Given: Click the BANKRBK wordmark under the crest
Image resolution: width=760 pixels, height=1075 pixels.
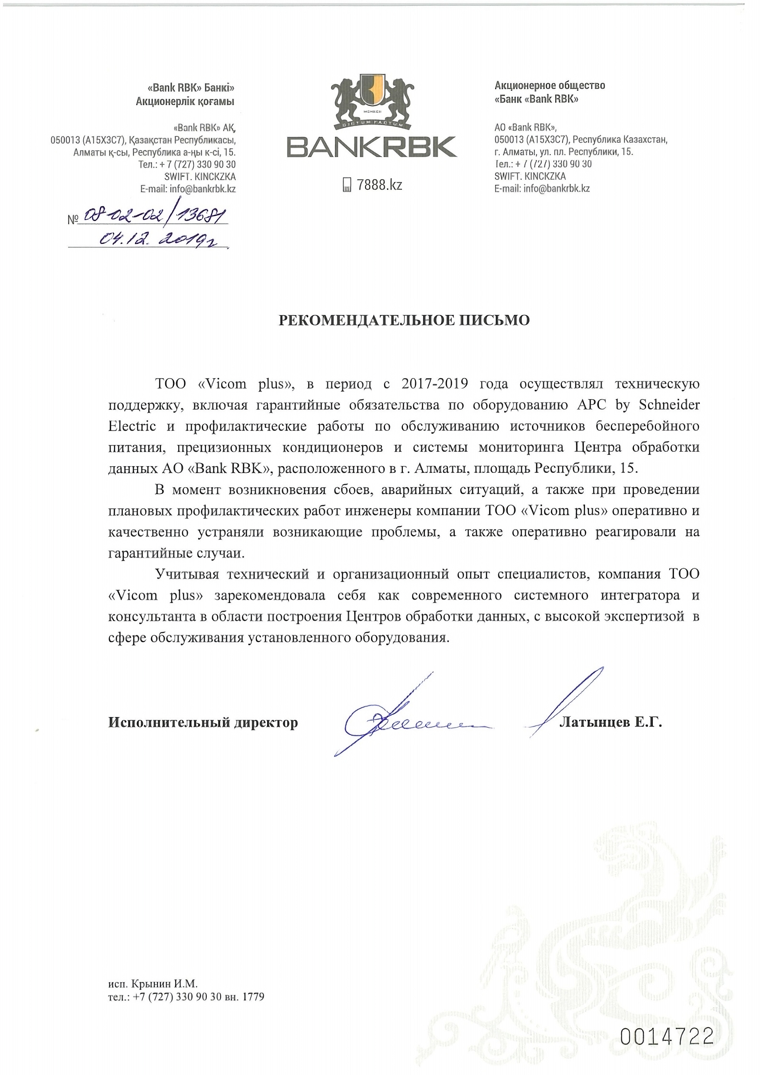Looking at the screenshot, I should pyautogui.click(x=371, y=146).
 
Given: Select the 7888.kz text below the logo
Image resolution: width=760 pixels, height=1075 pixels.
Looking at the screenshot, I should pyautogui.click(x=379, y=185).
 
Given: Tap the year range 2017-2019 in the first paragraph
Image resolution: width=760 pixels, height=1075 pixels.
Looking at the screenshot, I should pyautogui.click(x=435, y=384).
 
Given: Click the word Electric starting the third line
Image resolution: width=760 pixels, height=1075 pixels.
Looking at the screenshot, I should pyautogui.click(x=132, y=426).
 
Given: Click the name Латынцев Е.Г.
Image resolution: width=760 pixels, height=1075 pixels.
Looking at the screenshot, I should pyautogui.click(x=611, y=722).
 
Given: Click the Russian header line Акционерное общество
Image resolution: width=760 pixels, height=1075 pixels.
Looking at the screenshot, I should pyautogui.click(x=550, y=85).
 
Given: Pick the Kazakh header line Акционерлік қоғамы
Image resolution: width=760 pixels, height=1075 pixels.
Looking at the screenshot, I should pyautogui.click(x=185, y=101).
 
